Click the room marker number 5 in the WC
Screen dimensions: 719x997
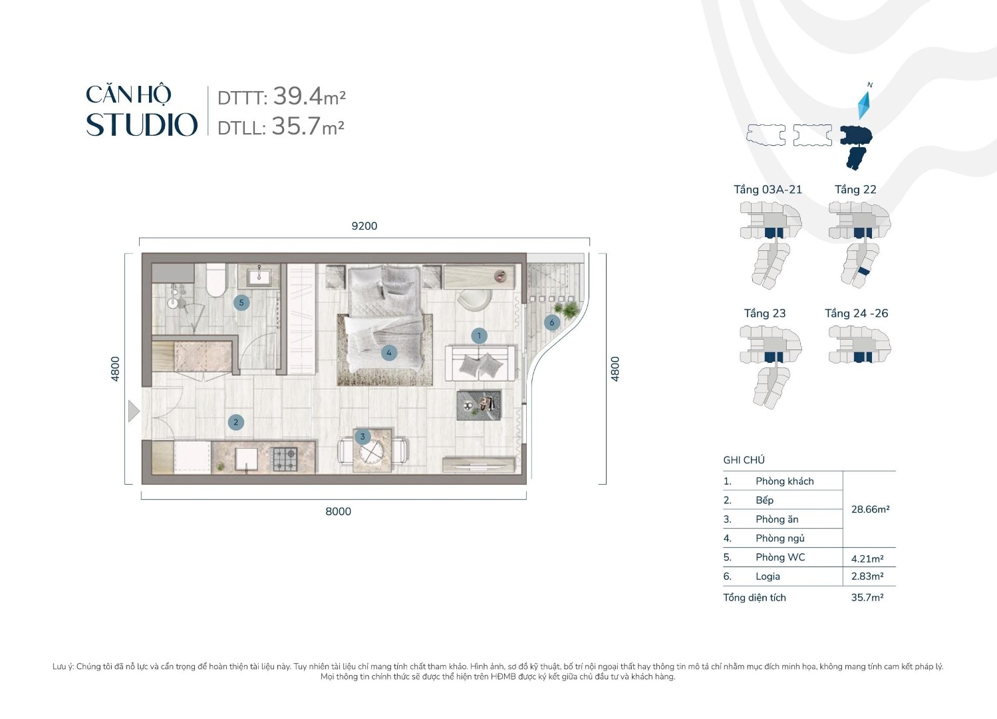click(241, 302)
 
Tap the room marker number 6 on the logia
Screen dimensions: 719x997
click(551, 323)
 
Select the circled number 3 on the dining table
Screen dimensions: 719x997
click(362, 437)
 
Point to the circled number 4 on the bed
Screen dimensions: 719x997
click(389, 353)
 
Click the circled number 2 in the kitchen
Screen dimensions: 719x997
click(235, 422)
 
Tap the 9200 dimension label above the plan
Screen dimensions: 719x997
click(364, 226)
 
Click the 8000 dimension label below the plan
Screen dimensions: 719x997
click(338, 511)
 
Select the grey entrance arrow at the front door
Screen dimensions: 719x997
click(134, 411)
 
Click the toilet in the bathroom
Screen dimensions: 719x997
click(216, 280)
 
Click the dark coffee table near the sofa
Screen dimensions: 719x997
click(479, 405)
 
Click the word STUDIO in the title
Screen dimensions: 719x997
click(142, 125)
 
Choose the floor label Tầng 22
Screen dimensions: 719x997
click(855, 190)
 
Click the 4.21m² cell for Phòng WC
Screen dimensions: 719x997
click(867, 559)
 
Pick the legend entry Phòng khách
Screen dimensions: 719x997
click(784, 481)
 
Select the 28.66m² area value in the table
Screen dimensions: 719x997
click(870, 509)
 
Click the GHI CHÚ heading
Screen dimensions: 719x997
click(744, 460)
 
